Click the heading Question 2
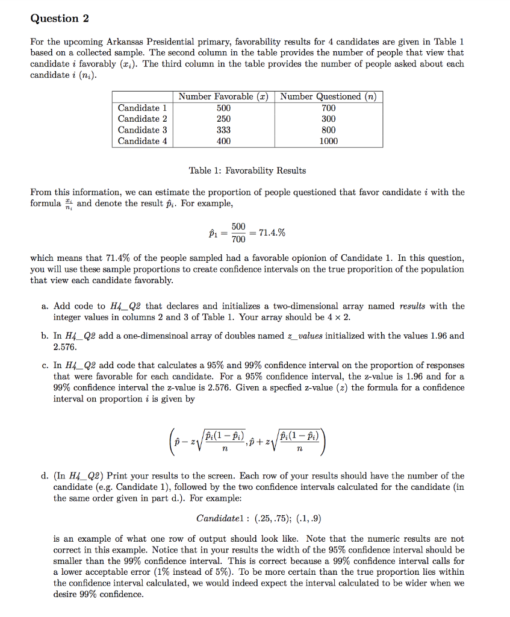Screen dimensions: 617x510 point(60,18)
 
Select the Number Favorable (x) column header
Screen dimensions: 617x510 point(223,96)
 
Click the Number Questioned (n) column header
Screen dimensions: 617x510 point(329,96)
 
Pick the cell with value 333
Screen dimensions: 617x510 point(223,130)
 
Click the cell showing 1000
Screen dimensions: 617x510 point(329,141)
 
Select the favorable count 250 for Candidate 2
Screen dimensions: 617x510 point(223,119)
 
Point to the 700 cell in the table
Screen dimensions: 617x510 point(329,108)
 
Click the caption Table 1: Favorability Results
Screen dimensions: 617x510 point(247,171)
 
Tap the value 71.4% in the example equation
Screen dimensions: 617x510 point(272,232)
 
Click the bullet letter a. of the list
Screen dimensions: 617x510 point(45,306)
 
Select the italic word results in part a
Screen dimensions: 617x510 point(412,306)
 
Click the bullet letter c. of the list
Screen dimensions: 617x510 point(45,365)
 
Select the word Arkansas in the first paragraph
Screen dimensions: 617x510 point(125,42)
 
